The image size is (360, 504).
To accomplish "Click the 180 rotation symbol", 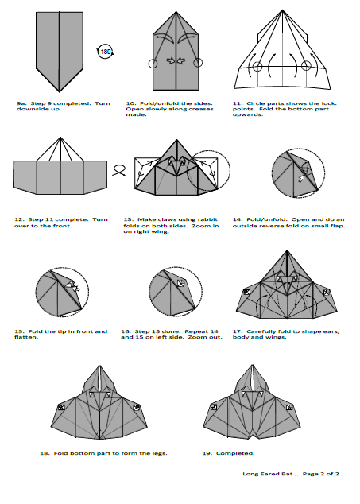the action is point(105,52).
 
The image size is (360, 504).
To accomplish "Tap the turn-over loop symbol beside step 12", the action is point(119,168).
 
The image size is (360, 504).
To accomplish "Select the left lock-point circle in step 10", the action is point(153,64).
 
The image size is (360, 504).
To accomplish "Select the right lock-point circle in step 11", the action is point(306,66).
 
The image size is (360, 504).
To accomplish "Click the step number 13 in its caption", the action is point(128,219).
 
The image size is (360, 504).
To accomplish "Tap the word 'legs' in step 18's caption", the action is point(159,453).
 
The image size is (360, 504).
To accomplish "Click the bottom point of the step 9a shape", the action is point(60,91).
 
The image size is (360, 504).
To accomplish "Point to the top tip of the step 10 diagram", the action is point(176,12).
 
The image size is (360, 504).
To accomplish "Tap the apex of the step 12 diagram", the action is point(60,138).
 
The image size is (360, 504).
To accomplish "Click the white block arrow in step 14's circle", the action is point(301,179).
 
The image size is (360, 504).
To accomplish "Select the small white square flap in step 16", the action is point(181,283).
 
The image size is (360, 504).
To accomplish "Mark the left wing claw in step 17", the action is point(246,292).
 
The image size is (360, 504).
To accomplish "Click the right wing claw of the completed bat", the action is point(289,407).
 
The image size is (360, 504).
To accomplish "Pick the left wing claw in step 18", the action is point(61,407).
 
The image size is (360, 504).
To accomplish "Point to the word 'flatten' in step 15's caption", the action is point(26,337).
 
